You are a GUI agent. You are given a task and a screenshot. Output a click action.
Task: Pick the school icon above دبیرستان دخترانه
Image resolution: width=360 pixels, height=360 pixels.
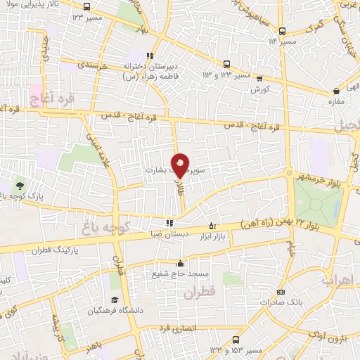pos(149,56)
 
